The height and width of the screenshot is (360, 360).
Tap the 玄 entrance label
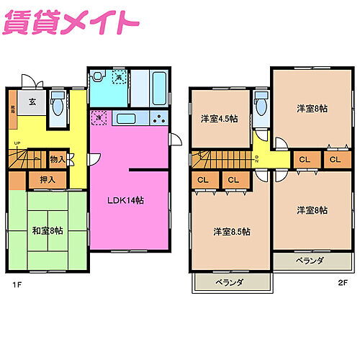(x=33, y=102)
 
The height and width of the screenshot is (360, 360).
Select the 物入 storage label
(x=58, y=159)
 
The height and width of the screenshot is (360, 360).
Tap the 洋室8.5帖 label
(x=231, y=232)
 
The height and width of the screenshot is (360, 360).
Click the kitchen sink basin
(x=126, y=120)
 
